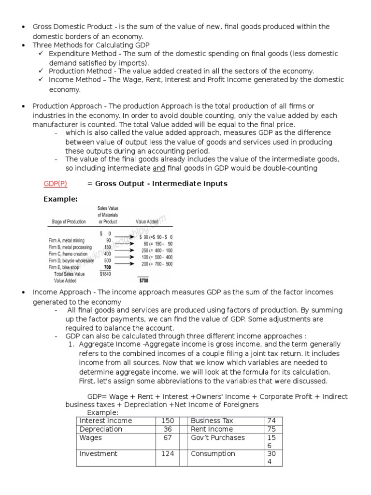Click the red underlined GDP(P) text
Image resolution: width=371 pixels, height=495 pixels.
56,184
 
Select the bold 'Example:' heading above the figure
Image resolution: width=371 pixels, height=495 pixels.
60,199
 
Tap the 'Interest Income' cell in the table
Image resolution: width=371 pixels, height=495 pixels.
105,421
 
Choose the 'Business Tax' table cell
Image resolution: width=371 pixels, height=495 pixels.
212,421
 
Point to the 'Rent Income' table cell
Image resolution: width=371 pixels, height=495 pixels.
212,429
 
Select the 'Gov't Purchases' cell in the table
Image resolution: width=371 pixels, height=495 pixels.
218,437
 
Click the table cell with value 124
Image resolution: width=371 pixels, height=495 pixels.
167,453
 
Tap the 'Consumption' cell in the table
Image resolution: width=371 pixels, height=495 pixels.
213,453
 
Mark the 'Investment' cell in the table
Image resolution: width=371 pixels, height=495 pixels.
98,453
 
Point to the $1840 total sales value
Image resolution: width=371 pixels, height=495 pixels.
105,274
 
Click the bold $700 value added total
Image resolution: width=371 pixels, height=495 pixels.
143,280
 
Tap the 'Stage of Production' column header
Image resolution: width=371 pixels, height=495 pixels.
69,221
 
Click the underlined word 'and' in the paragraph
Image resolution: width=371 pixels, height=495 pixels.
159,168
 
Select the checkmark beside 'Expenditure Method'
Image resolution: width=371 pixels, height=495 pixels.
42,54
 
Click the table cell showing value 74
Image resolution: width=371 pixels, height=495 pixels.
273,421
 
